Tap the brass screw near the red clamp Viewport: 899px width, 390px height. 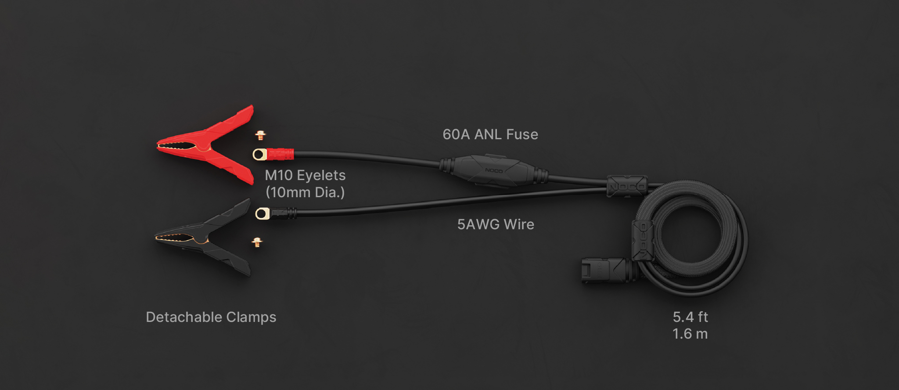tap(260, 135)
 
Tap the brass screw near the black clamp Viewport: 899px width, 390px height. tap(257, 242)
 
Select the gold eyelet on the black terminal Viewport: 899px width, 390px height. tap(263, 214)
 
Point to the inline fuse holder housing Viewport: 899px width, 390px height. tap(494, 170)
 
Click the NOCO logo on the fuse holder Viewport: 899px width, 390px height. tap(494, 170)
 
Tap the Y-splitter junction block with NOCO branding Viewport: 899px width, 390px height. tap(627, 186)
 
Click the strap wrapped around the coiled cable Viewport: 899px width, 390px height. tap(643, 241)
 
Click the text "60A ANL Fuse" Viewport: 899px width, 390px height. tap(490, 134)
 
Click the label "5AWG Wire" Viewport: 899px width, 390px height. tap(496, 224)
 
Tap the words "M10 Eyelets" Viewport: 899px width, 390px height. tap(305, 175)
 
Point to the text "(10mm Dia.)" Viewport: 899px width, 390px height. tap(305, 192)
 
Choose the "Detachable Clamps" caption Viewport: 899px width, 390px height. tap(211, 317)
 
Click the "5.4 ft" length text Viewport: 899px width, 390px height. tap(690, 317)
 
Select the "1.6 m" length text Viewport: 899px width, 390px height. tap(690, 334)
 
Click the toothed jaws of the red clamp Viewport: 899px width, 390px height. tap(178, 145)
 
